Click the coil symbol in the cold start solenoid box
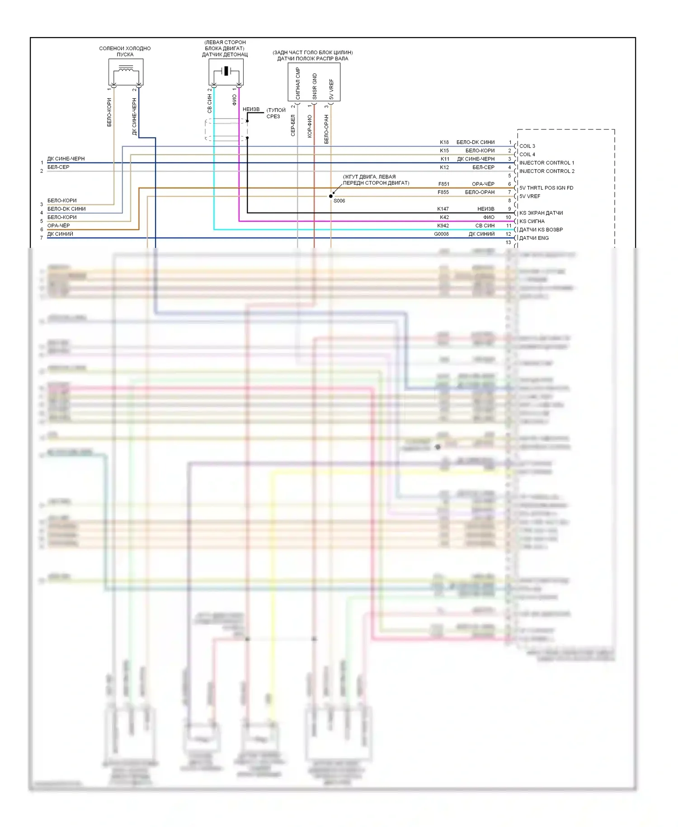[126, 70]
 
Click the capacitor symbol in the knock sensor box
[226, 71]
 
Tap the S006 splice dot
[331, 196]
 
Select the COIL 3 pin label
[527, 146]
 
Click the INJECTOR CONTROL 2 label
[547, 171]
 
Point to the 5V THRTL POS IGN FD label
[546, 188]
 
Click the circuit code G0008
[441, 234]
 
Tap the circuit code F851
[443, 184]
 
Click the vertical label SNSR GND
[315, 86]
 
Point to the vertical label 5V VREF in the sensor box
[331, 89]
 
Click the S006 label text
[339, 201]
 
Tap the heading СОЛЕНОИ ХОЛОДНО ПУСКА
[125, 51]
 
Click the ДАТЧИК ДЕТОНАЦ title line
[225, 55]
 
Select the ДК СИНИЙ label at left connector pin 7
[60, 234]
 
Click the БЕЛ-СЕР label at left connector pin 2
[58, 167]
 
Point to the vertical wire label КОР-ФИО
[310, 126]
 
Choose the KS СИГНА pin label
[532, 221]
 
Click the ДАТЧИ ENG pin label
[534, 238]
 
